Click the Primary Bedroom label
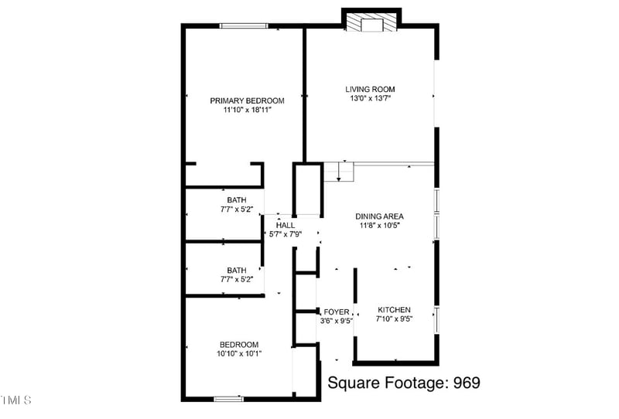248,100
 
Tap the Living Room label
370,90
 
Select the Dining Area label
379,216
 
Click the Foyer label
337,312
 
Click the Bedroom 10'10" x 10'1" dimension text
238,354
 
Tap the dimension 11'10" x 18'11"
248,111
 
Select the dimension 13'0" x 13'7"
370,99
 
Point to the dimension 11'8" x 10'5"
379,226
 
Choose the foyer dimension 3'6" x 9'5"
337,321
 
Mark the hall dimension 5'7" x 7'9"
284,234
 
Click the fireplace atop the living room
373,22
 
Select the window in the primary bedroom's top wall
245,26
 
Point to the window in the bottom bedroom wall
229,399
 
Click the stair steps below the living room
338,171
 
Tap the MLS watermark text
15,400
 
